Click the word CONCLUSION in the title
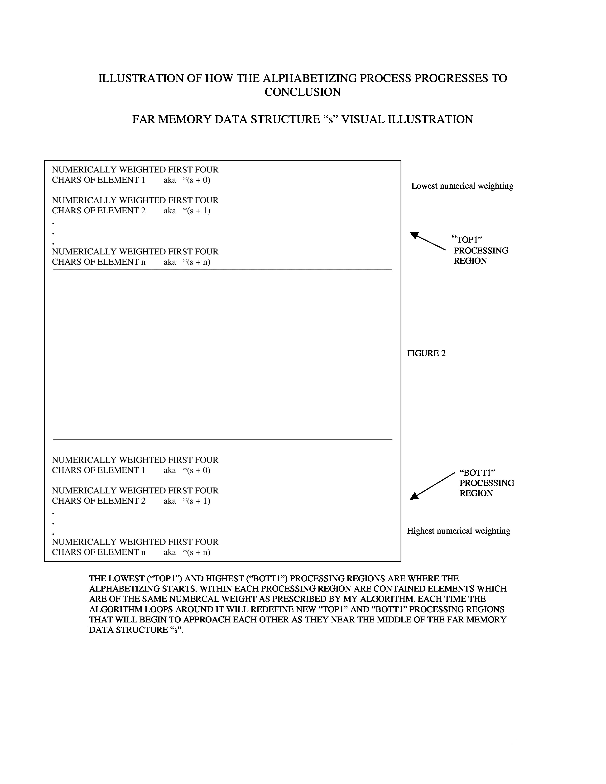coord(303,92)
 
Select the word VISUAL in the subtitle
coord(363,120)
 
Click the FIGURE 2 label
coord(426,353)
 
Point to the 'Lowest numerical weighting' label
coord(462,186)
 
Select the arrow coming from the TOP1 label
coord(428,241)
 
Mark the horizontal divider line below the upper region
coord(223,270)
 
